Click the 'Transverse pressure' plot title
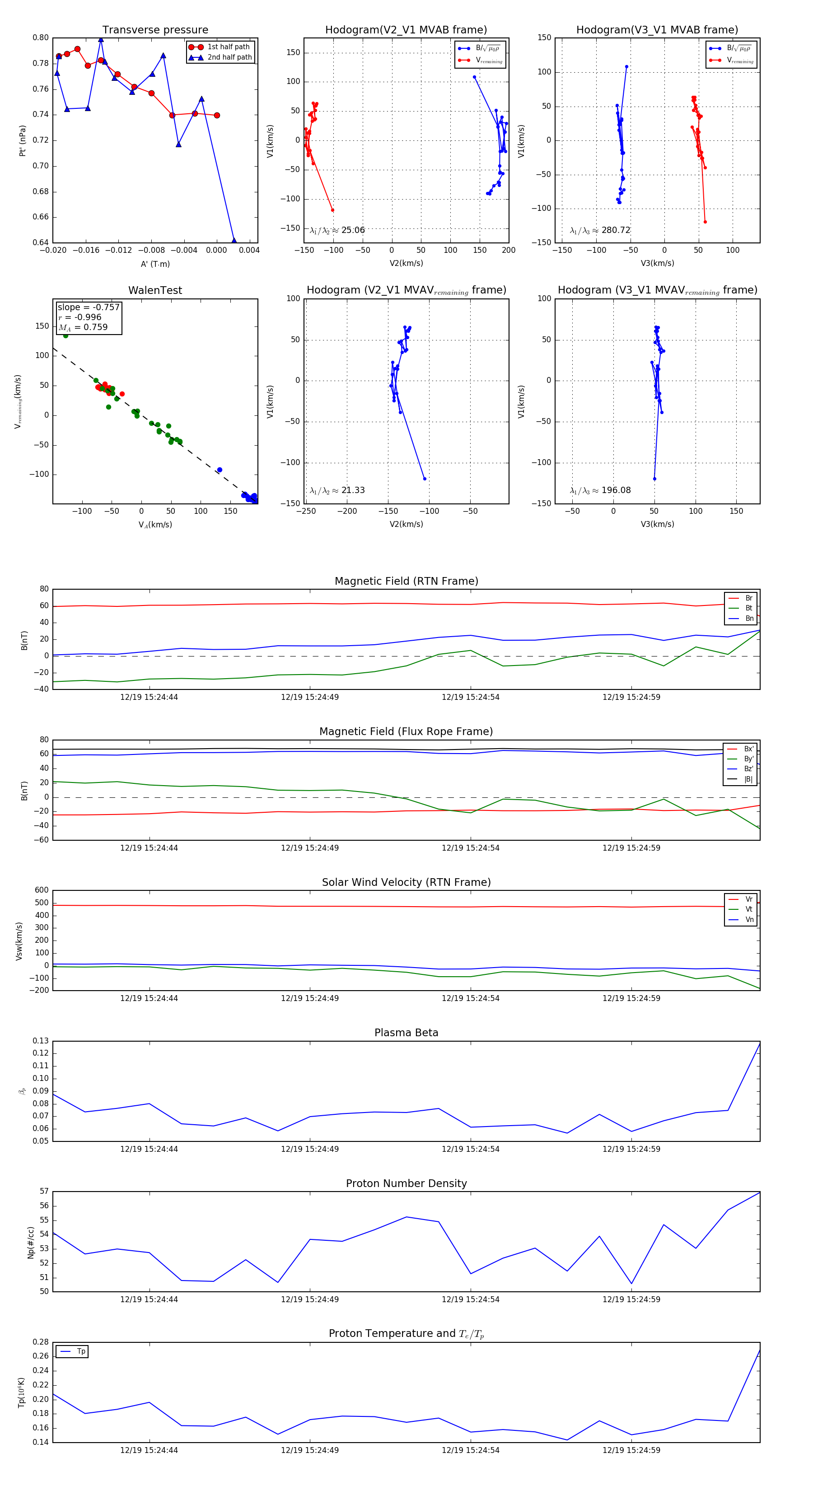pos(155,30)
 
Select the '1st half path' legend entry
pos(228,47)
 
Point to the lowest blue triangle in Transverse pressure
pos(234,241)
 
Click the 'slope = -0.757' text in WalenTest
pos(89,307)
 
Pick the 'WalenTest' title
pos(155,290)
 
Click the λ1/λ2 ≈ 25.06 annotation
pos(337,230)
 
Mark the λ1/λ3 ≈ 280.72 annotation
pos(600,230)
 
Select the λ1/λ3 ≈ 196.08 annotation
pos(600,490)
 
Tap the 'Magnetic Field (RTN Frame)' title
pos(406,581)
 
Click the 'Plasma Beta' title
pos(406,1033)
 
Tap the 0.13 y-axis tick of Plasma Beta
pos(41,1041)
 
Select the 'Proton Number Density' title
pos(406,1183)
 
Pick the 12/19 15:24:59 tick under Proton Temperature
pos(631,1450)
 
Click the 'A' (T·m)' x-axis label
pos(155,264)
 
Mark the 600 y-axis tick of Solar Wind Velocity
pos(42,890)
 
